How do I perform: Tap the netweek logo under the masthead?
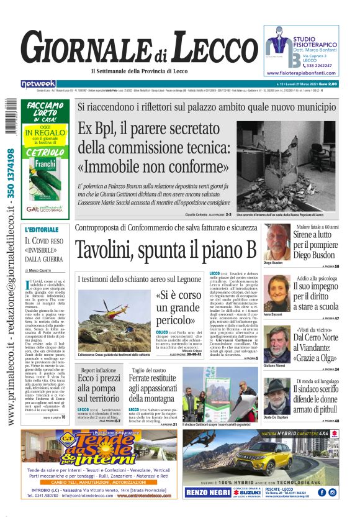[x=38, y=83]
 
